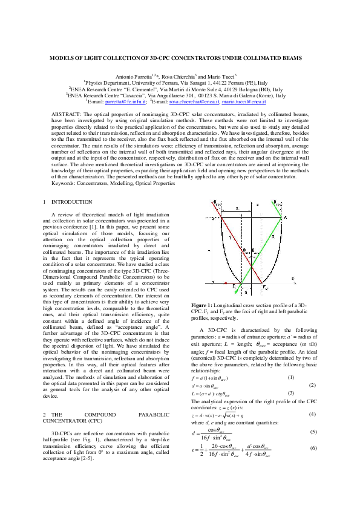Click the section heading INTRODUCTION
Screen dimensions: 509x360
[72, 201]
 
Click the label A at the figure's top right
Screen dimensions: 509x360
[285, 216]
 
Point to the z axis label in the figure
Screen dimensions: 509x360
[257, 206]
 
